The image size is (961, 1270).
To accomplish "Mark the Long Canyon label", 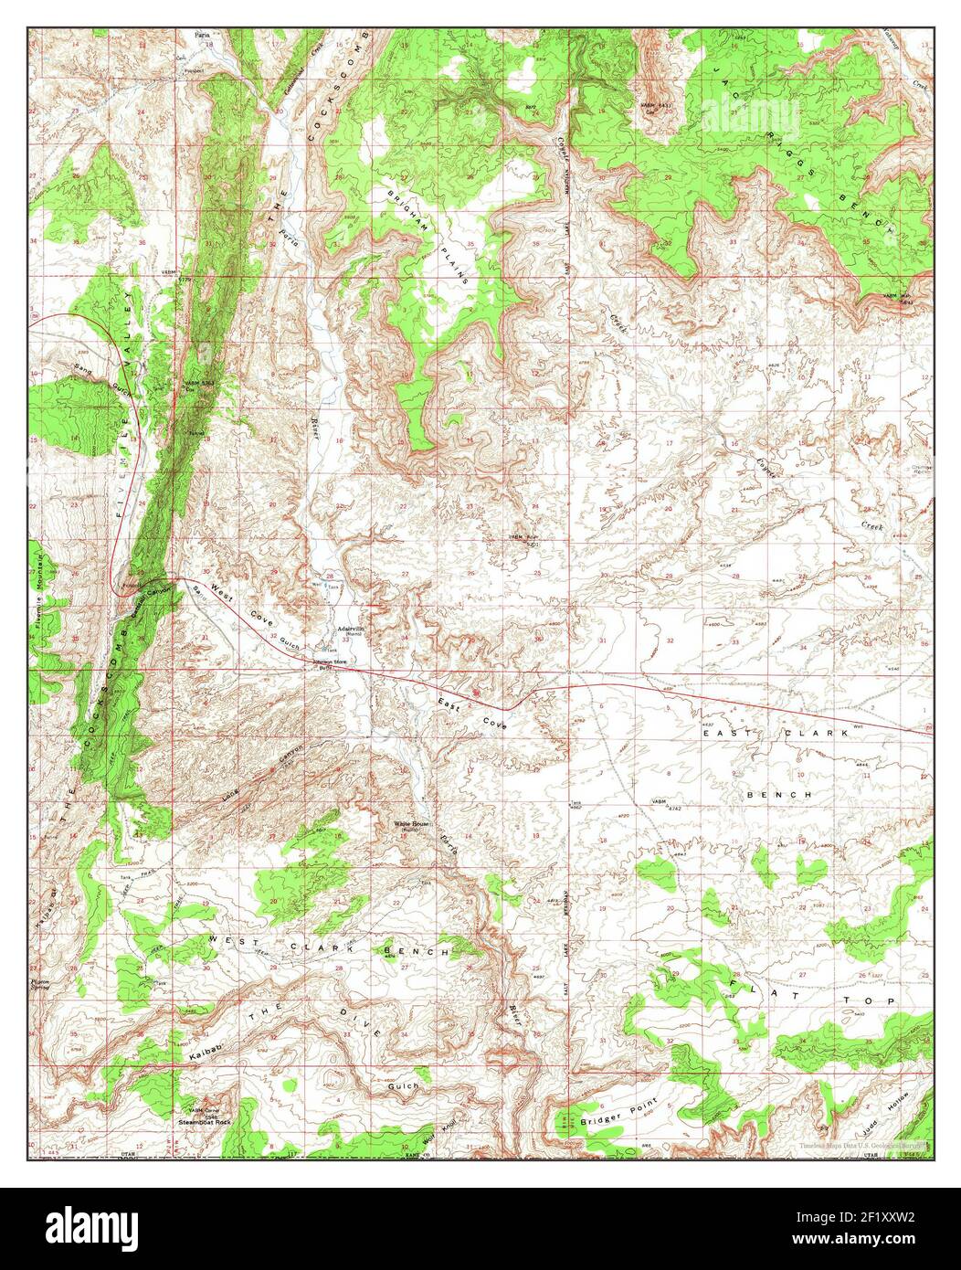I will click(261, 776).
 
